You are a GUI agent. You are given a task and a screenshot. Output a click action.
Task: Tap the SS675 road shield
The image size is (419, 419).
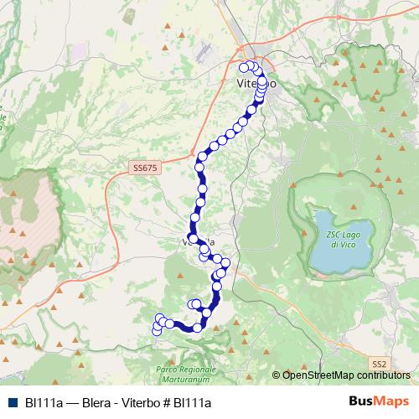point(144,168)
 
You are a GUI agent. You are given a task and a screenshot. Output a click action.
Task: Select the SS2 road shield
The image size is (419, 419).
point(380,363)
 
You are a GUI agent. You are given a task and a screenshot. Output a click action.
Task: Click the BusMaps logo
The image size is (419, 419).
point(378,402)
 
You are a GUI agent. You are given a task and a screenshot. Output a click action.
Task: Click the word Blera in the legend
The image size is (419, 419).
point(98,403)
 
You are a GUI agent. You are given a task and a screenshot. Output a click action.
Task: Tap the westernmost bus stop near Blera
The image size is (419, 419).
point(156,331)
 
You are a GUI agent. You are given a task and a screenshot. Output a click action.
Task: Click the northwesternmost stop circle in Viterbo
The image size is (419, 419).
point(244,67)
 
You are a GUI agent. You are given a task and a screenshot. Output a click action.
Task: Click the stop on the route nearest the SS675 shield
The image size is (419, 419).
point(199,168)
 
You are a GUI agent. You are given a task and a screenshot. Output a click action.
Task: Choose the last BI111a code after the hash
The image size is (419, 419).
point(193,403)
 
